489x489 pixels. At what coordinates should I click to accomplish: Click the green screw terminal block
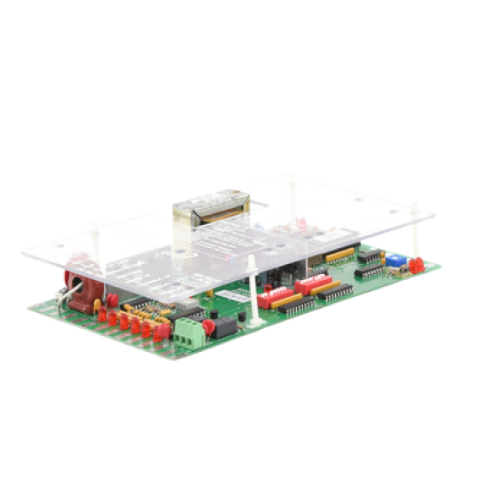pyautogui.click(x=188, y=333)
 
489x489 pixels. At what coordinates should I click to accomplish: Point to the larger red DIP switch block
pyautogui.click(x=313, y=284)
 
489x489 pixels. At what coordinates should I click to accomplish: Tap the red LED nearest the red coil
pyautogui.click(x=102, y=315)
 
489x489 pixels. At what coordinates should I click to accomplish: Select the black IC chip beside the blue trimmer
pyautogui.click(x=369, y=256)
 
